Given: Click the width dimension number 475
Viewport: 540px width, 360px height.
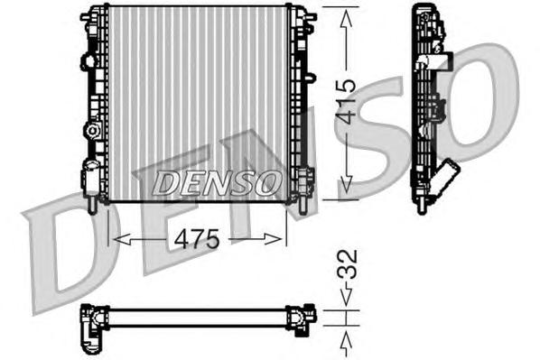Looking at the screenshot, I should (x=198, y=240).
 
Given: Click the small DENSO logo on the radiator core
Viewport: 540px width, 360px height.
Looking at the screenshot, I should (x=214, y=183).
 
